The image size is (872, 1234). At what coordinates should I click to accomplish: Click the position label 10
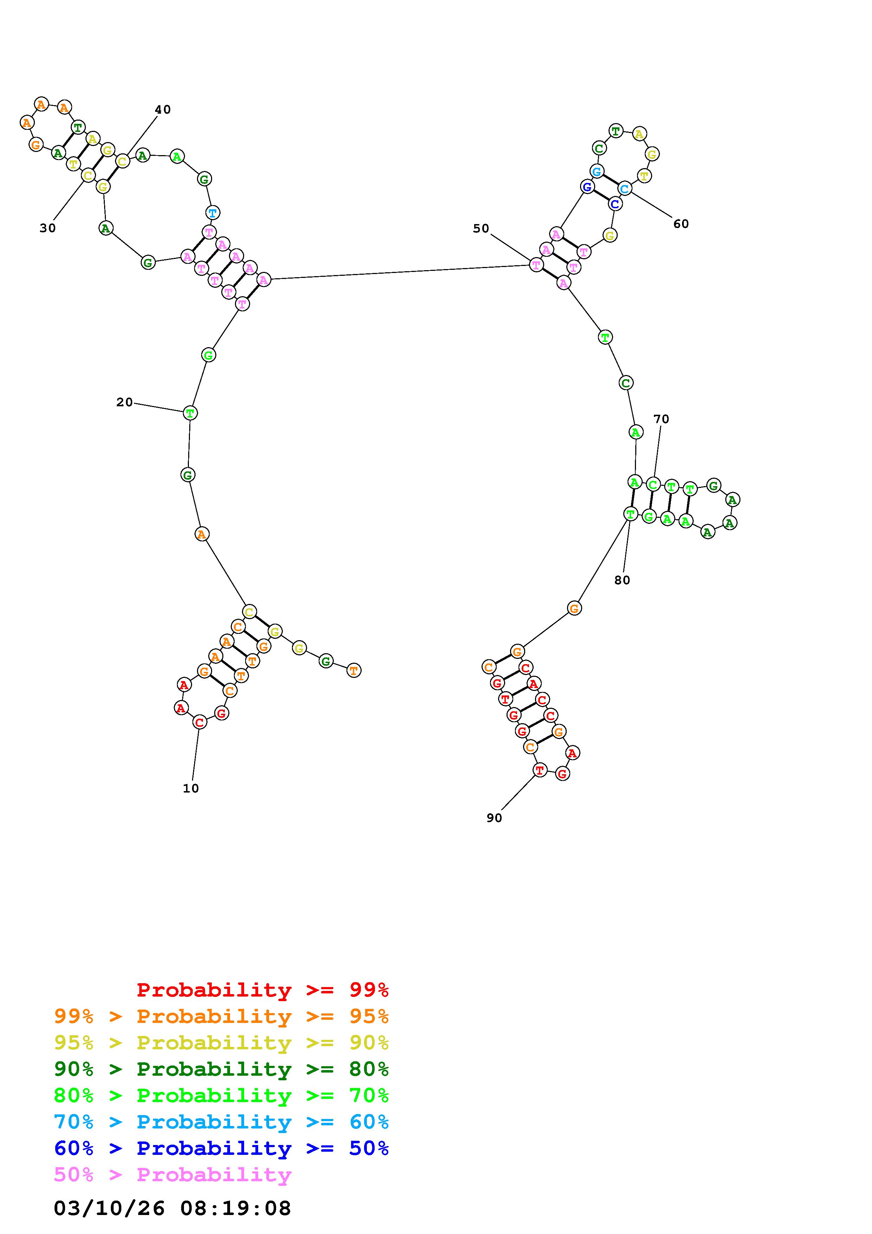tap(191, 788)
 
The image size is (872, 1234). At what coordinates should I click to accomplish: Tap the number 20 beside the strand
tap(125, 402)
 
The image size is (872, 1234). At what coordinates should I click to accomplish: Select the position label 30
tap(48, 228)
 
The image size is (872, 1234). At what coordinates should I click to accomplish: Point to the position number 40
tap(163, 110)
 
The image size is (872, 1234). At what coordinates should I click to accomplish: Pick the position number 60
tap(681, 224)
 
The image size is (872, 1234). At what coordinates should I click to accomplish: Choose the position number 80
tap(622, 580)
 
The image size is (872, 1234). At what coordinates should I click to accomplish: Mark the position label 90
tap(494, 818)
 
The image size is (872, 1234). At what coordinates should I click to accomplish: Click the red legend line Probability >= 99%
tap(263, 990)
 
